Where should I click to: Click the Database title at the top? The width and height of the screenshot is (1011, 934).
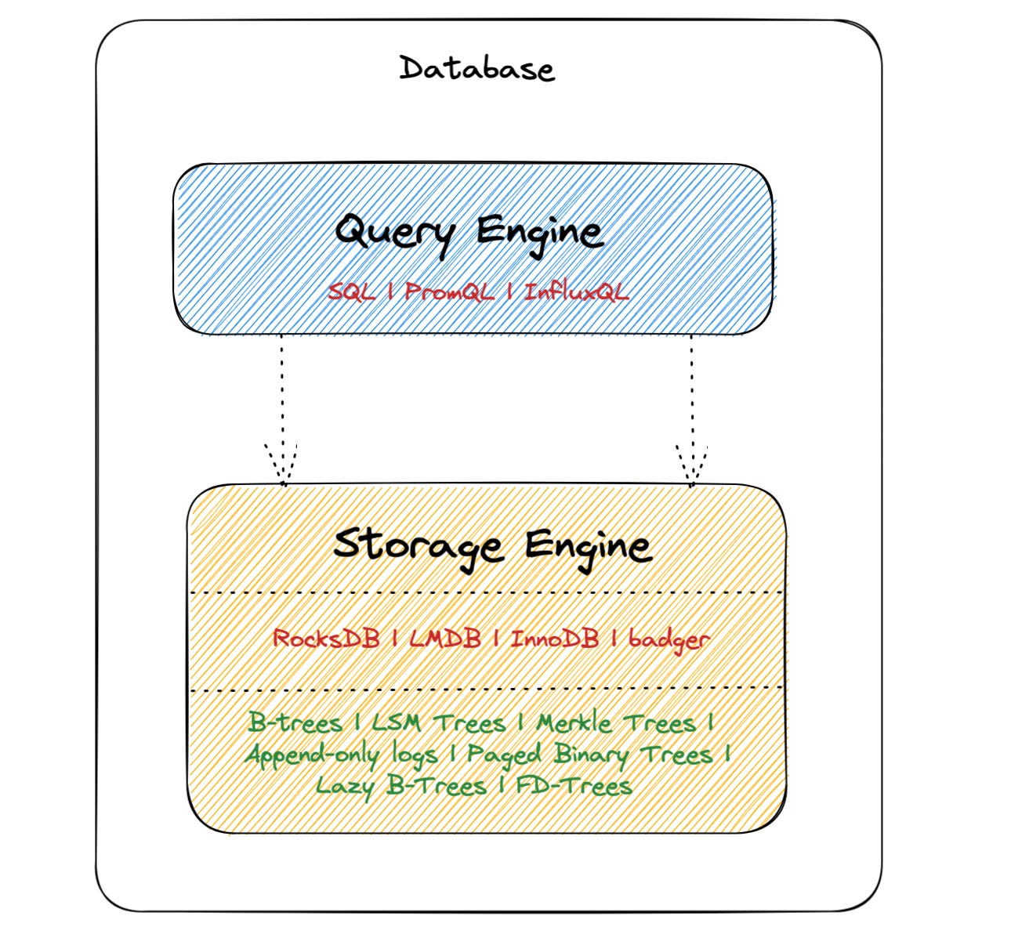pos(477,69)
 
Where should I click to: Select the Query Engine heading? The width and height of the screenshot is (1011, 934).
pos(469,232)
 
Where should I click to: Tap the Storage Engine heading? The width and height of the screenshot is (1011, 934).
pos(492,545)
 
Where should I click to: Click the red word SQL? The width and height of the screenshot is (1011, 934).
pos(352,292)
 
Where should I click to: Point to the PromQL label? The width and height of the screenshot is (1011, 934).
pos(450,293)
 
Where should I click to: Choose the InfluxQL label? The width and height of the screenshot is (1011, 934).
pos(576,292)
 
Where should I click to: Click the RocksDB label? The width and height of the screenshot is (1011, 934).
pos(325,638)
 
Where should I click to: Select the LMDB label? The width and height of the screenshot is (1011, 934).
pos(445,638)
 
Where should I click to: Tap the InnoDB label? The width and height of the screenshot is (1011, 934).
pos(555,639)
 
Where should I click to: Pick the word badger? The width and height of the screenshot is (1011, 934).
pos(669,639)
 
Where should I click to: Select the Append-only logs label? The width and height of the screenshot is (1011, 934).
pos(341,755)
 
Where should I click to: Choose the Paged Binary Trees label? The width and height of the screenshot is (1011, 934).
pos(589,755)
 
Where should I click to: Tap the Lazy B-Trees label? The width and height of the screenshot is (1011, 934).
pos(400,785)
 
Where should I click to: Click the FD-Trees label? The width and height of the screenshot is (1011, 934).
pos(574,785)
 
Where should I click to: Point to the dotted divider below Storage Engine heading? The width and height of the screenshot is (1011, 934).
pos(486,592)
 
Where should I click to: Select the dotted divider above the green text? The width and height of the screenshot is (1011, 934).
pos(486,690)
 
